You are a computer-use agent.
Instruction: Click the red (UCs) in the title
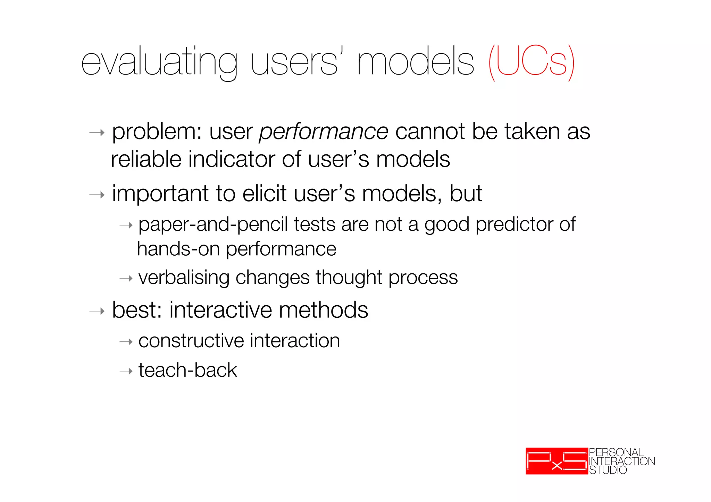pyautogui.click(x=531, y=62)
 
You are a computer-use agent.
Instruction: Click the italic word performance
pyautogui.click(x=324, y=132)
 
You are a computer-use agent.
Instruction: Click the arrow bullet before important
pyautogui.click(x=97, y=195)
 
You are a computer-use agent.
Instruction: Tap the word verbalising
pyautogui.click(x=184, y=278)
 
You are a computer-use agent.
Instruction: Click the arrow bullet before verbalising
pyautogui.click(x=126, y=279)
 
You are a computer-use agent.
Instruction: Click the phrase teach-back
pyautogui.click(x=187, y=370)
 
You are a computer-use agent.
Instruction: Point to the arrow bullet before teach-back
pyautogui.click(x=126, y=372)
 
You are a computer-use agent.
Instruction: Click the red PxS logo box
pyautogui.click(x=557, y=461)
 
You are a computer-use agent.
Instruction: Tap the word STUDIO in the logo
pyautogui.click(x=608, y=470)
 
